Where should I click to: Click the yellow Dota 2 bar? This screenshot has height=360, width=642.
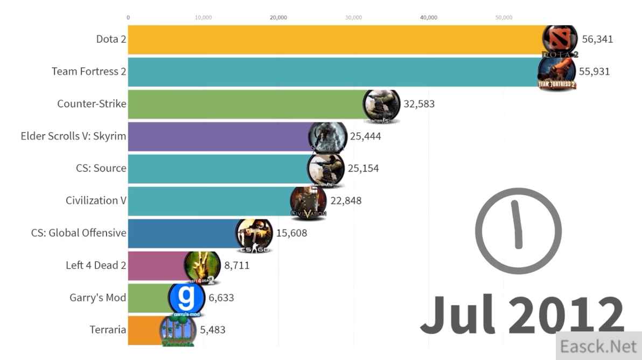(x=334, y=39)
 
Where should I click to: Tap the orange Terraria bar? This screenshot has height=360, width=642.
(x=143, y=330)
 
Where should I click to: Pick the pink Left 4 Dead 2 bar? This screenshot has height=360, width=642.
(x=156, y=265)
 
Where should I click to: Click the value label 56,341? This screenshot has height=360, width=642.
(x=597, y=39)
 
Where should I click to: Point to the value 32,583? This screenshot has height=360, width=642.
(x=418, y=104)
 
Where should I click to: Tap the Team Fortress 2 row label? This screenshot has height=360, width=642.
(x=89, y=71)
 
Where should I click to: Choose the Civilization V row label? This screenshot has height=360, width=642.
(x=96, y=200)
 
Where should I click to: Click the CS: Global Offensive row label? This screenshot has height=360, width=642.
(x=79, y=233)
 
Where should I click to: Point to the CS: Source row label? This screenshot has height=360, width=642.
(x=101, y=168)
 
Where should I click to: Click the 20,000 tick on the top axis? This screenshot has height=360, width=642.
(x=278, y=18)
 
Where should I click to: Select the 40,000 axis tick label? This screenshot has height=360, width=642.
(x=428, y=18)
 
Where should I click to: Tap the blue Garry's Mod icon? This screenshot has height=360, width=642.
(x=186, y=298)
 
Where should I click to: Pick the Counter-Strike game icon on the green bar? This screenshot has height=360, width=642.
(x=382, y=105)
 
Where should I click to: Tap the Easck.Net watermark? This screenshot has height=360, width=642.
(x=598, y=346)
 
